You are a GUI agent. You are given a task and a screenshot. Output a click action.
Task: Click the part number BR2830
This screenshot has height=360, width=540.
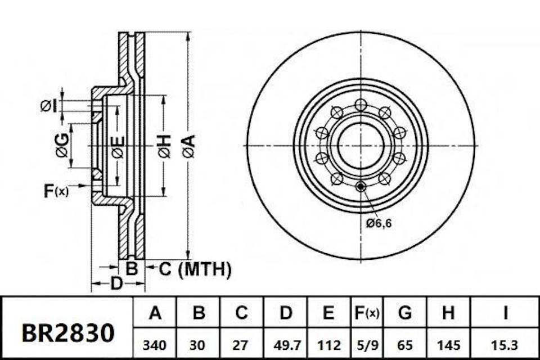click(x=67, y=334)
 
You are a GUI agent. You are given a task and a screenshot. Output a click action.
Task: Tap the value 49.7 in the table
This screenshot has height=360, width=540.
click(x=286, y=344)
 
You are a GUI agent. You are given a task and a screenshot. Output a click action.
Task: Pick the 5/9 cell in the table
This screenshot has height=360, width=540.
click(x=366, y=344)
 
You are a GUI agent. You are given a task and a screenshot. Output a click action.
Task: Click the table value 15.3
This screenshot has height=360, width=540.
click(x=505, y=344)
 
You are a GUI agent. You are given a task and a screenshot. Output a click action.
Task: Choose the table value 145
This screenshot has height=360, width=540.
click(x=448, y=344)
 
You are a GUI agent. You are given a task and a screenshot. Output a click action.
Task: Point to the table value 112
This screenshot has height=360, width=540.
click(x=329, y=344)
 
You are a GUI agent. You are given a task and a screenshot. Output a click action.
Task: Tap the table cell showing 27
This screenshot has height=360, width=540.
click(x=241, y=344)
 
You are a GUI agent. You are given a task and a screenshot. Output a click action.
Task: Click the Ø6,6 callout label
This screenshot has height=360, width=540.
click(x=378, y=223)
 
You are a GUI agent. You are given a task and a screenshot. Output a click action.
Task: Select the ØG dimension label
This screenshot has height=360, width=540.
click(x=62, y=146)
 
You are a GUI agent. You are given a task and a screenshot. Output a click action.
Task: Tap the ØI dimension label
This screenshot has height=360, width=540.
click(x=48, y=105)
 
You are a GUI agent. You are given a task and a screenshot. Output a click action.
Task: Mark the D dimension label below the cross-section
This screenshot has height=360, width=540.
click(x=116, y=284)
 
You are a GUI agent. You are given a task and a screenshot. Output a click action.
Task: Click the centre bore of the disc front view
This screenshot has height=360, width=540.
click(x=361, y=146)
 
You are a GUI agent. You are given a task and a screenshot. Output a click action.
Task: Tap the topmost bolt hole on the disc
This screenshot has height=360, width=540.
click(x=361, y=105)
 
